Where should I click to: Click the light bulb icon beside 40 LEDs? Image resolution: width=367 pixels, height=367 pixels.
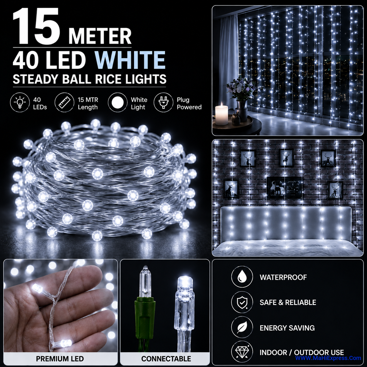[20, 102]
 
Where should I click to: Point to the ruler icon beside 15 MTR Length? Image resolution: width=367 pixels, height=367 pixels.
[64, 102]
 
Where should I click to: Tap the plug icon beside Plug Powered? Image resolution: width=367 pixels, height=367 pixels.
[163, 102]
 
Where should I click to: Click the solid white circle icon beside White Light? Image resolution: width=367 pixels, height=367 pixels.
[118, 102]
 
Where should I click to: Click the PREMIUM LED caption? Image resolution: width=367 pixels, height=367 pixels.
[60, 359]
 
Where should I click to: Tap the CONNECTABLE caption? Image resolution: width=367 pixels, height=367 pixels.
[166, 359]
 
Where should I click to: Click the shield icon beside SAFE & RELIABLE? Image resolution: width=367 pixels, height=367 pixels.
[242, 302]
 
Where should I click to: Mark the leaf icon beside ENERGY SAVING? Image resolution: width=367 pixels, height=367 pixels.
[242, 327]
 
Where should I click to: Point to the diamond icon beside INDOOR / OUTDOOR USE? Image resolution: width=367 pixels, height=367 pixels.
[242, 352]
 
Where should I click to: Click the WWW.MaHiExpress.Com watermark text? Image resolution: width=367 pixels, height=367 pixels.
[328, 358]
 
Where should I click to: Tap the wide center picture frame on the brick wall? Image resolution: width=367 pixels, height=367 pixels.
[284, 188]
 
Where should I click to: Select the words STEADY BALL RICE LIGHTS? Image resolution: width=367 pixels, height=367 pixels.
[90, 79]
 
